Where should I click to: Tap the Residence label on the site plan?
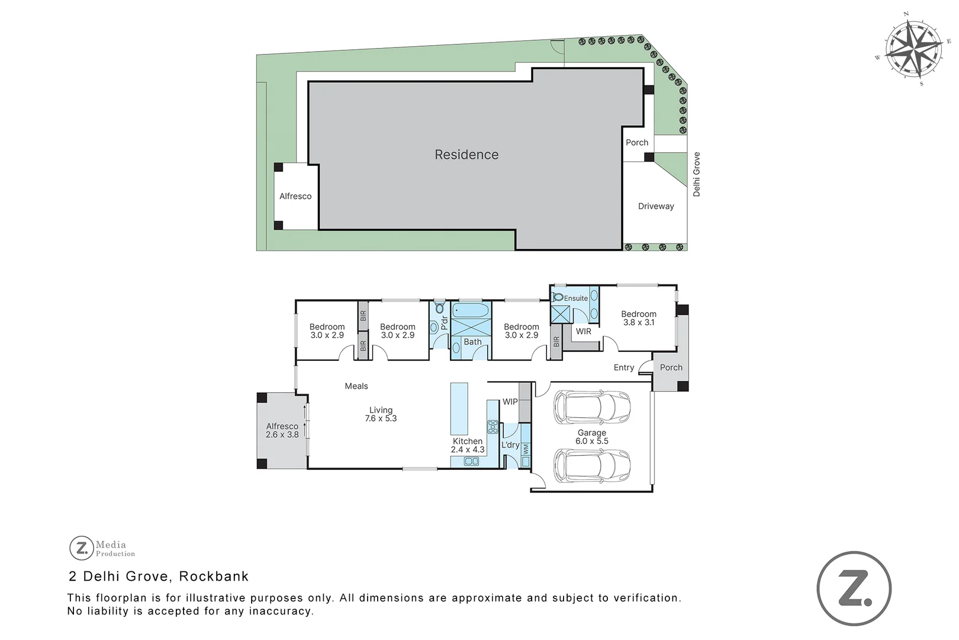[466, 155]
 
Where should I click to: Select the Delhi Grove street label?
[697, 174]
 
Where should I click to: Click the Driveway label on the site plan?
[656, 206]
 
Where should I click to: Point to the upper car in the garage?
[592, 407]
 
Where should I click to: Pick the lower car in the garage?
[592, 466]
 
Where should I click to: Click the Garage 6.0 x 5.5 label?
[592, 437]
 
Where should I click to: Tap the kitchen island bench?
[459, 409]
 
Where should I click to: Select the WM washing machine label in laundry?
[526, 450]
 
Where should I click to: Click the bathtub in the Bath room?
[471, 311]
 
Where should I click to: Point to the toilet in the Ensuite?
[558, 297]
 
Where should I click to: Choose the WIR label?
[584, 331]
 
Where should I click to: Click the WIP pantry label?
[510, 402]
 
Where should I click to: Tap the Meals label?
[356, 386]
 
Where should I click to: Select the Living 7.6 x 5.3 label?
[381, 414]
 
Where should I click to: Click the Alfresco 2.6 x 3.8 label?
[282, 430]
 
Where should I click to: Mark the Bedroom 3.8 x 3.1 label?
[639, 318]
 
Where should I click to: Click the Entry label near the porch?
[624, 367]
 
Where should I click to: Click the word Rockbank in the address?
[214, 576]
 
